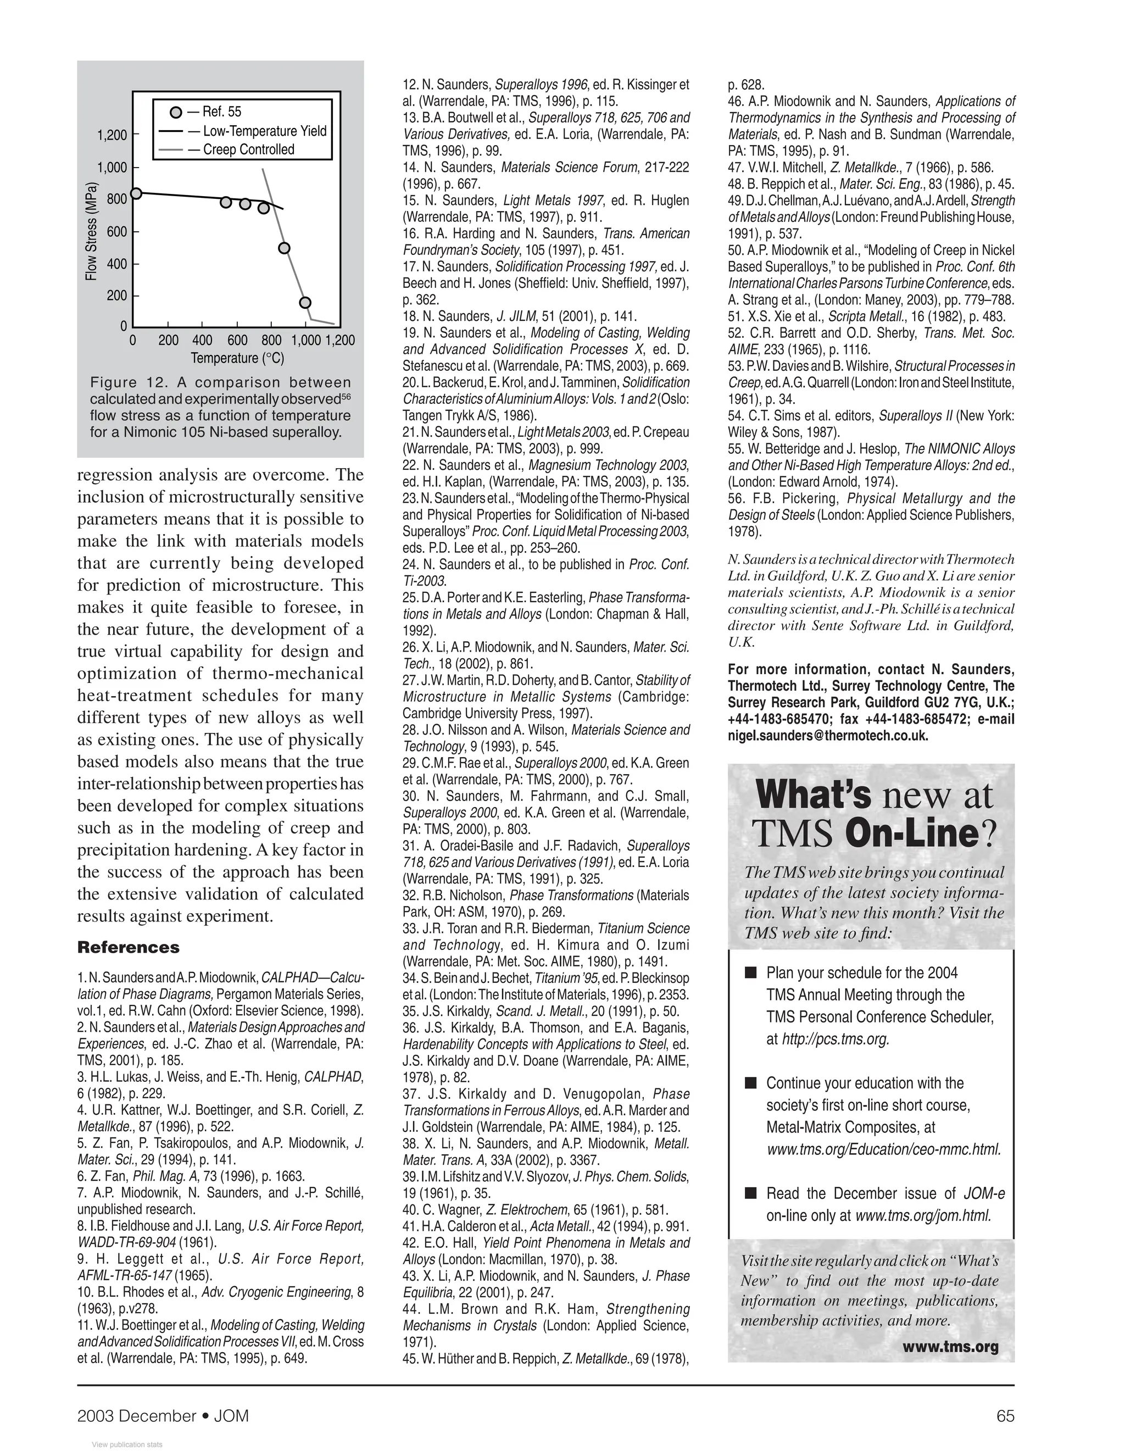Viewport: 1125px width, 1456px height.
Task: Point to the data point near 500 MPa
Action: tap(284, 248)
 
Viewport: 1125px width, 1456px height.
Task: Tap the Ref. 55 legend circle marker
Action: tap(176, 112)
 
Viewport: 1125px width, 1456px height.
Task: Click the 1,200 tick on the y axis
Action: tap(112, 135)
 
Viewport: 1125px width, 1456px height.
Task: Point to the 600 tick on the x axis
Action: tap(237, 340)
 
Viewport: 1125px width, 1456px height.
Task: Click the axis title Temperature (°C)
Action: tap(237, 358)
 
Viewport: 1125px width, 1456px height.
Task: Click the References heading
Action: tap(129, 947)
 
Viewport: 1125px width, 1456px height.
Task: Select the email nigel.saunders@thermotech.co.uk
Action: tap(828, 736)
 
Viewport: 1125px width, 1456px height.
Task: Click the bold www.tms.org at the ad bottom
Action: tap(959, 1347)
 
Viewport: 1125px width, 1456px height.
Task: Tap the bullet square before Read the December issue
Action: tap(751, 1193)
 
